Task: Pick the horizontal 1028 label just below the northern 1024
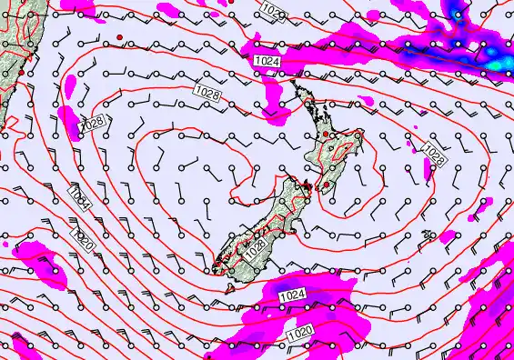[208, 92]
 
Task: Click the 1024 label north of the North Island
[267, 61]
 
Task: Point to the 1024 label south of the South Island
[291, 295]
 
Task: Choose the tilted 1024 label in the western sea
[80, 199]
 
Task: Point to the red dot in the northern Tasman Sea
[118, 36]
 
